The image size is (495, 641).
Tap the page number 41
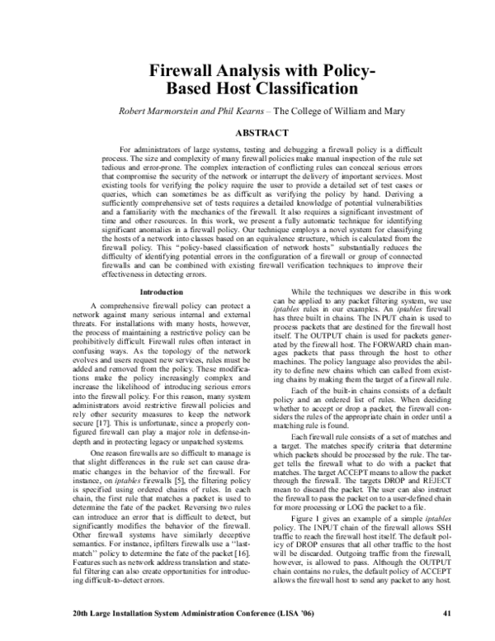click(446, 613)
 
